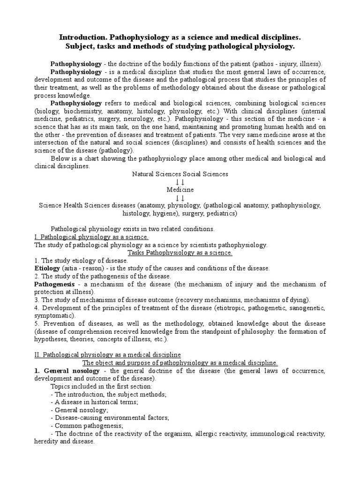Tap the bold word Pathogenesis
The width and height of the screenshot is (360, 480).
click(55, 284)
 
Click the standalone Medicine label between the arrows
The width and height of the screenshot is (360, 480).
click(180, 190)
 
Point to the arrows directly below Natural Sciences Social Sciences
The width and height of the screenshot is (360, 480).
click(180, 182)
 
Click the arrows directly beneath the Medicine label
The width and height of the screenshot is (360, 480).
click(180, 198)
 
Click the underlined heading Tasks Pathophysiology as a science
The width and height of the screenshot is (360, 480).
click(180, 253)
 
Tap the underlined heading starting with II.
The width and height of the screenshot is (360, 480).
click(107, 354)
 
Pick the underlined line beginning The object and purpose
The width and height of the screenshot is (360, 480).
click(180, 362)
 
